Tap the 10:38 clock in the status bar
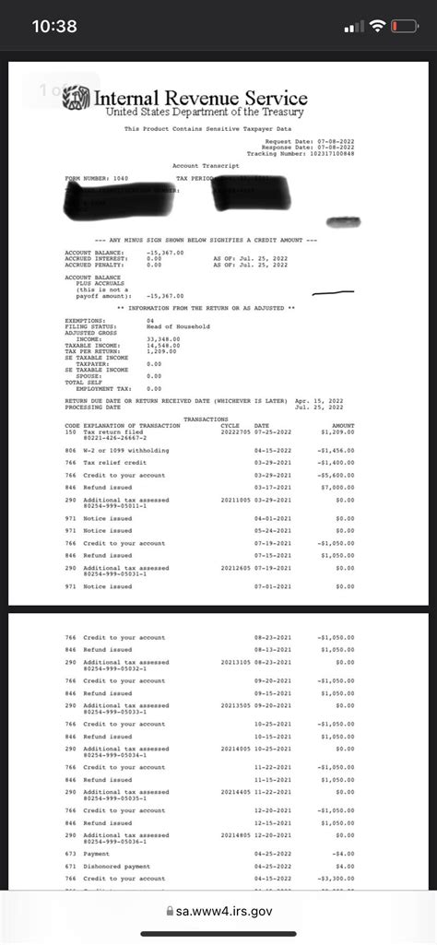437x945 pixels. [54, 27]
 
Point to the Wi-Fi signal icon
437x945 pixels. [377, 27]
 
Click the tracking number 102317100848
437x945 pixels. [327, 153]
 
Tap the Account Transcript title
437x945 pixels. [197, 165]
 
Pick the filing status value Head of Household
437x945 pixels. [178, 326]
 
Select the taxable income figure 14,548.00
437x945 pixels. [163, 345]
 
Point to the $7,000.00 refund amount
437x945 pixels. [337, 488]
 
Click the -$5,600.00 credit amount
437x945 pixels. [336, 475]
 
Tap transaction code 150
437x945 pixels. [70, 431]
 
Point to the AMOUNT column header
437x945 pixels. [343, 425]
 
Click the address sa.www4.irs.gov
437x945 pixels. [225, 911]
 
